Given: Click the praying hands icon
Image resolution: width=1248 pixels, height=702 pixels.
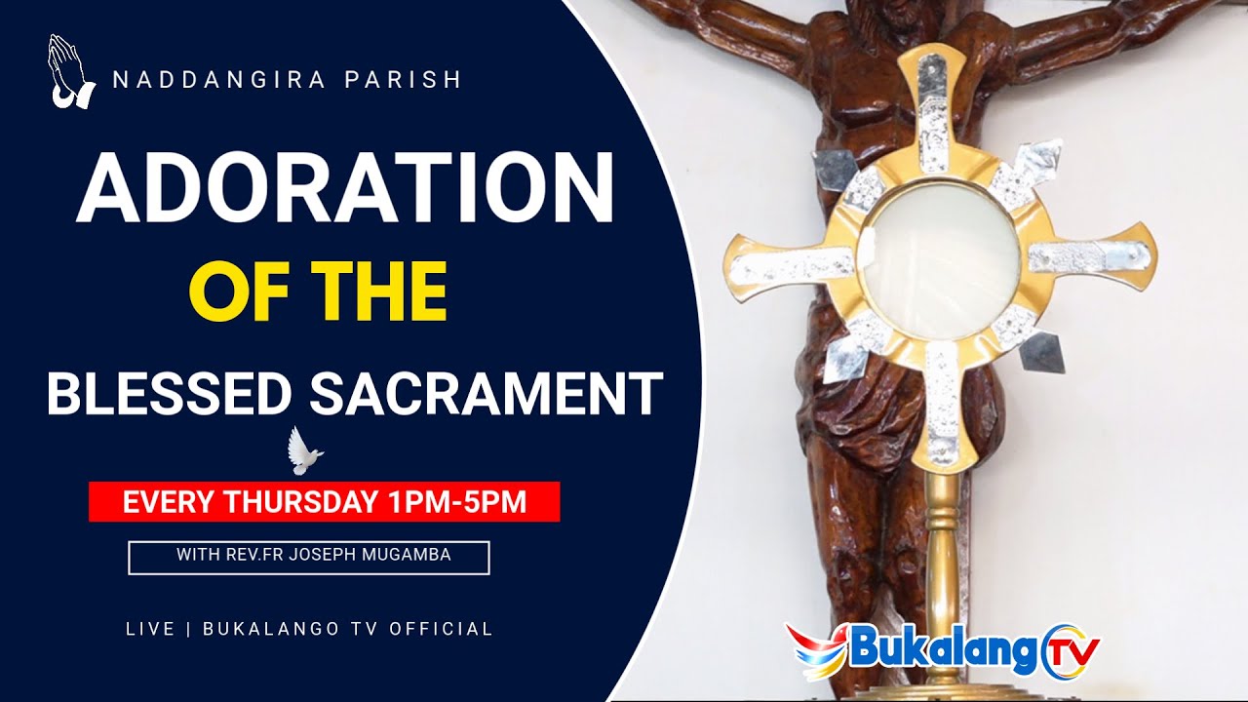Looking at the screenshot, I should (70, 71).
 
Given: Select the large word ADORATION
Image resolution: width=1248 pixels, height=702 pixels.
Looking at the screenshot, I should (345, 188).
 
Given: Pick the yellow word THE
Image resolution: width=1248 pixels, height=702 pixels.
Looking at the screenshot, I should (386, 291).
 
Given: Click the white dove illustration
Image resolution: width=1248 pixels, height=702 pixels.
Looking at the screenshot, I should (304, 451).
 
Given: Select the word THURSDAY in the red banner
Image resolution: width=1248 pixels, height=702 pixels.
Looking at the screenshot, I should (301, 502).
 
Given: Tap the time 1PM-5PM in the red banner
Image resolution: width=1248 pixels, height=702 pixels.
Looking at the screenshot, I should (456, 502).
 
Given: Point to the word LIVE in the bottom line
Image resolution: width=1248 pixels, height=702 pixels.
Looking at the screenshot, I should (150, 629).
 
